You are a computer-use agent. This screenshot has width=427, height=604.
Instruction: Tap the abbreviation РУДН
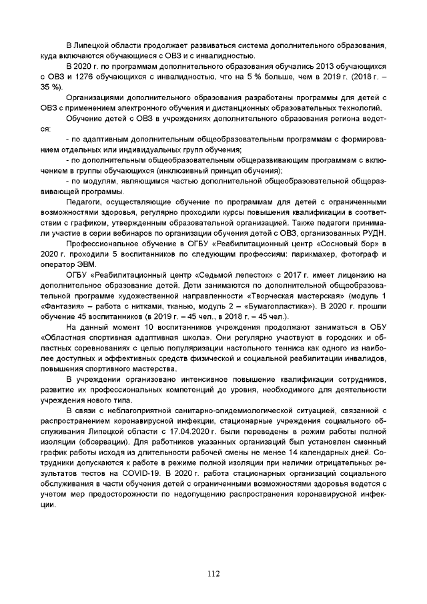[x=374, y=232]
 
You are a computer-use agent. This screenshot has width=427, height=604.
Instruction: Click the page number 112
[x=213, y=573]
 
